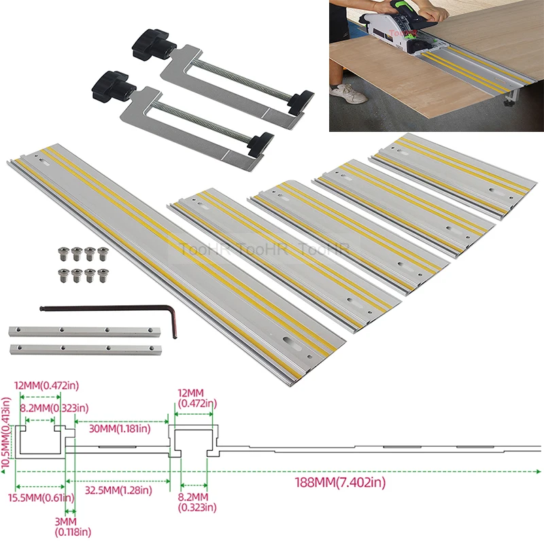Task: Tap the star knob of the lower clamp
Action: [x=107, y=84]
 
